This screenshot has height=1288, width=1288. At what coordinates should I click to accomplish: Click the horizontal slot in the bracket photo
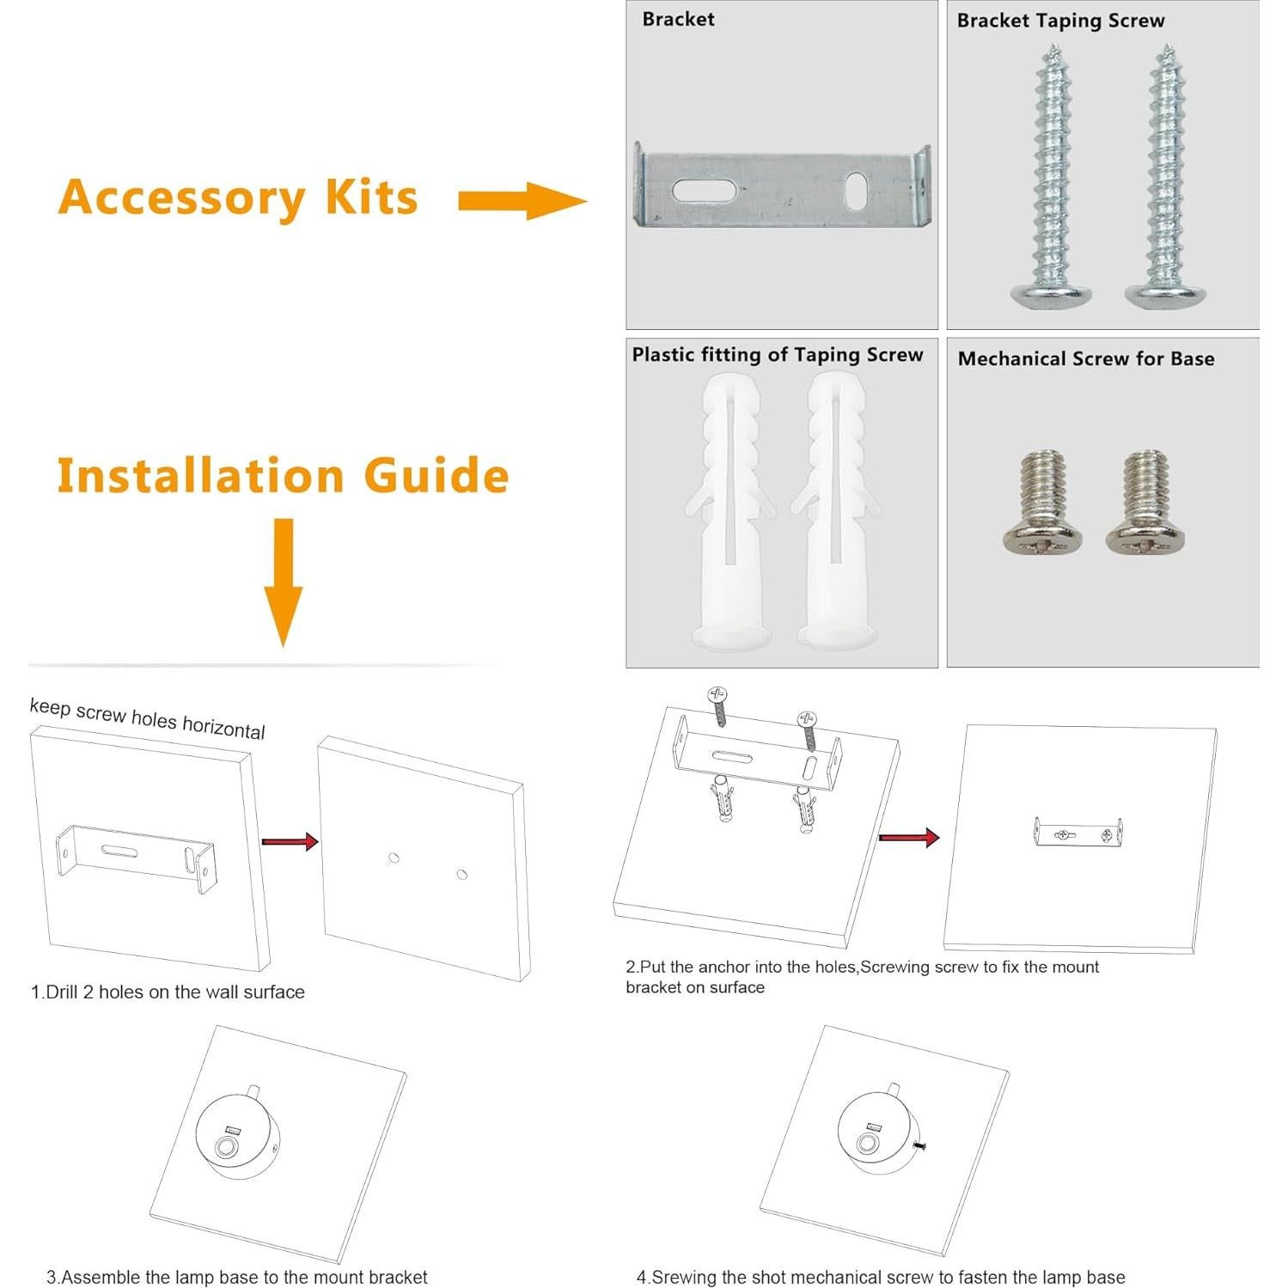[704, 190]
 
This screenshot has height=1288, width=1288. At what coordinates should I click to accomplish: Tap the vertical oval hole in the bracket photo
[857, 191]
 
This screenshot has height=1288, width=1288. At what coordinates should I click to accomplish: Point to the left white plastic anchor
[730, 511]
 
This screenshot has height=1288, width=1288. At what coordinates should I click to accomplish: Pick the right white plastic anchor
[836, 511]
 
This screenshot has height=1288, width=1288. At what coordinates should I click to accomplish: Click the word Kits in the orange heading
[371, 198]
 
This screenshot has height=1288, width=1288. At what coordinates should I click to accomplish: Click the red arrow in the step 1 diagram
[290, 841]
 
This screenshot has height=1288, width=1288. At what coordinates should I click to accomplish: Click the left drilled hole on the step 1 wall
[394, 858]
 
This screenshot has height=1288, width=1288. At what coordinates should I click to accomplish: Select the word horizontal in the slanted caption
[223, 728]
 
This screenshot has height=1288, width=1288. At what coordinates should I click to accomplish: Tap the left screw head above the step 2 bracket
[717, 694]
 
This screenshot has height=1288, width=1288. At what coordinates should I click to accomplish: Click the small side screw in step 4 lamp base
[921, 1145]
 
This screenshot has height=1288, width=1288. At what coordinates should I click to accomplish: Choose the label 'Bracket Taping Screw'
[1060, 21]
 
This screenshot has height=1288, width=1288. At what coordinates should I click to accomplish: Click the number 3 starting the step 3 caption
[51, 1277]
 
